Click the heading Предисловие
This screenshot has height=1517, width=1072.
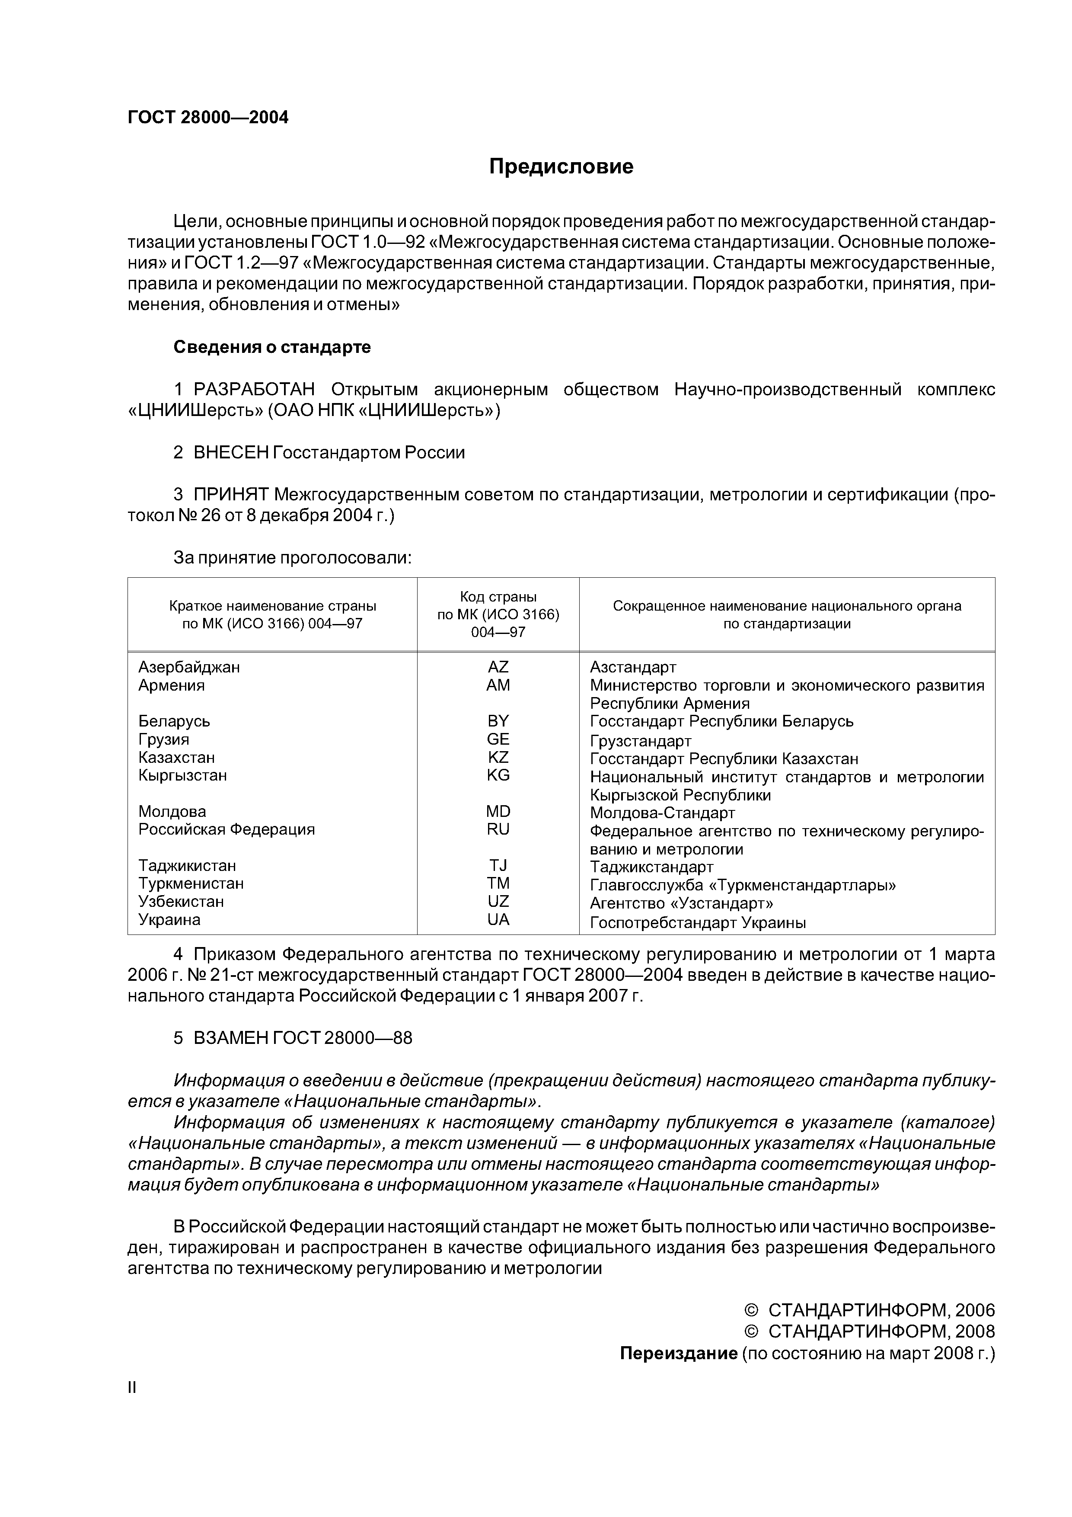pyautogui.click(x=561, y=166)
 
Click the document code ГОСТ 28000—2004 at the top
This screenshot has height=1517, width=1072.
pyautogui.click(x=208, y=118)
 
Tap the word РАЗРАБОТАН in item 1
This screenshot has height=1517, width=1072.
pyautogui.click(x=254, y=390)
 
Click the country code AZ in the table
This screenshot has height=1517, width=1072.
pyautogui.click(x=498, y=667)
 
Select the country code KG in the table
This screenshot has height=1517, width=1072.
pyautogui.click(x=498, y=775)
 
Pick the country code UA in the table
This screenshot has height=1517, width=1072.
pyautogui.click(x=498, y=920)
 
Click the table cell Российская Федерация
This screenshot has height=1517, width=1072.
pyautogui.click(x=226, y=829)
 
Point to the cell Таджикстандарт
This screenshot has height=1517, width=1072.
pyautogui.click(x=651, y=866)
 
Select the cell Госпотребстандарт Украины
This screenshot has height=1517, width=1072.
pyautogui.click(x=698, y=923)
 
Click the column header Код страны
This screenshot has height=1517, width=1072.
pyautogui.click(x=498, y=597)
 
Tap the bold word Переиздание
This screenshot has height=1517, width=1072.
pyautogui.click(x=678, y=1354)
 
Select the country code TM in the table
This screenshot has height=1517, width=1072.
pyautogui.click(x=498, y=883)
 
